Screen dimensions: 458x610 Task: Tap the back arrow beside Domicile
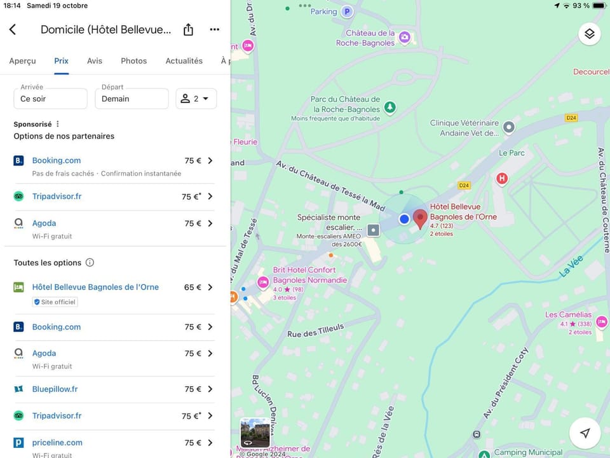[13, 30]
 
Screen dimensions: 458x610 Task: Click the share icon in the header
[188, 30]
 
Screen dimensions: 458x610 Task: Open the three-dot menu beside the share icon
[214, 30]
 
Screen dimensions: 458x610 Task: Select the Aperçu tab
[22, 61]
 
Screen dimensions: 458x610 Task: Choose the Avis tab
[95, 61]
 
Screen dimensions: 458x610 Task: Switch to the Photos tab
[133, 61]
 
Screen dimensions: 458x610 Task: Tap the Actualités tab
[184, 61]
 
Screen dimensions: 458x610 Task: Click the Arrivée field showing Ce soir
[50, 99]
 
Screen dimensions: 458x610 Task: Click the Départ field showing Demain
[132, 99]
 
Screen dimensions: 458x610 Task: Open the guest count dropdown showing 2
[196, 99]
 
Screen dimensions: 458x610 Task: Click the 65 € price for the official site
[193, 288]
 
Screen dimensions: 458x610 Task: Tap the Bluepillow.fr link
[55, 389]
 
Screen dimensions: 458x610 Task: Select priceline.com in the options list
[57, 443]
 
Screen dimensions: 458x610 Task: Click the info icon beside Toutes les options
[90, 263]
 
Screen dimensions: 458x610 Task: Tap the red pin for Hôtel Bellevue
[420, 218]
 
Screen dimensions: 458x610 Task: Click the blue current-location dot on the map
[404, 219]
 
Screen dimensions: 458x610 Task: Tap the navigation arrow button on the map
[585, 433]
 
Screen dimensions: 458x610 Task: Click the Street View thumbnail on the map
[255, 433]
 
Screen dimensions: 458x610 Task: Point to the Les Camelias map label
[568, 315]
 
